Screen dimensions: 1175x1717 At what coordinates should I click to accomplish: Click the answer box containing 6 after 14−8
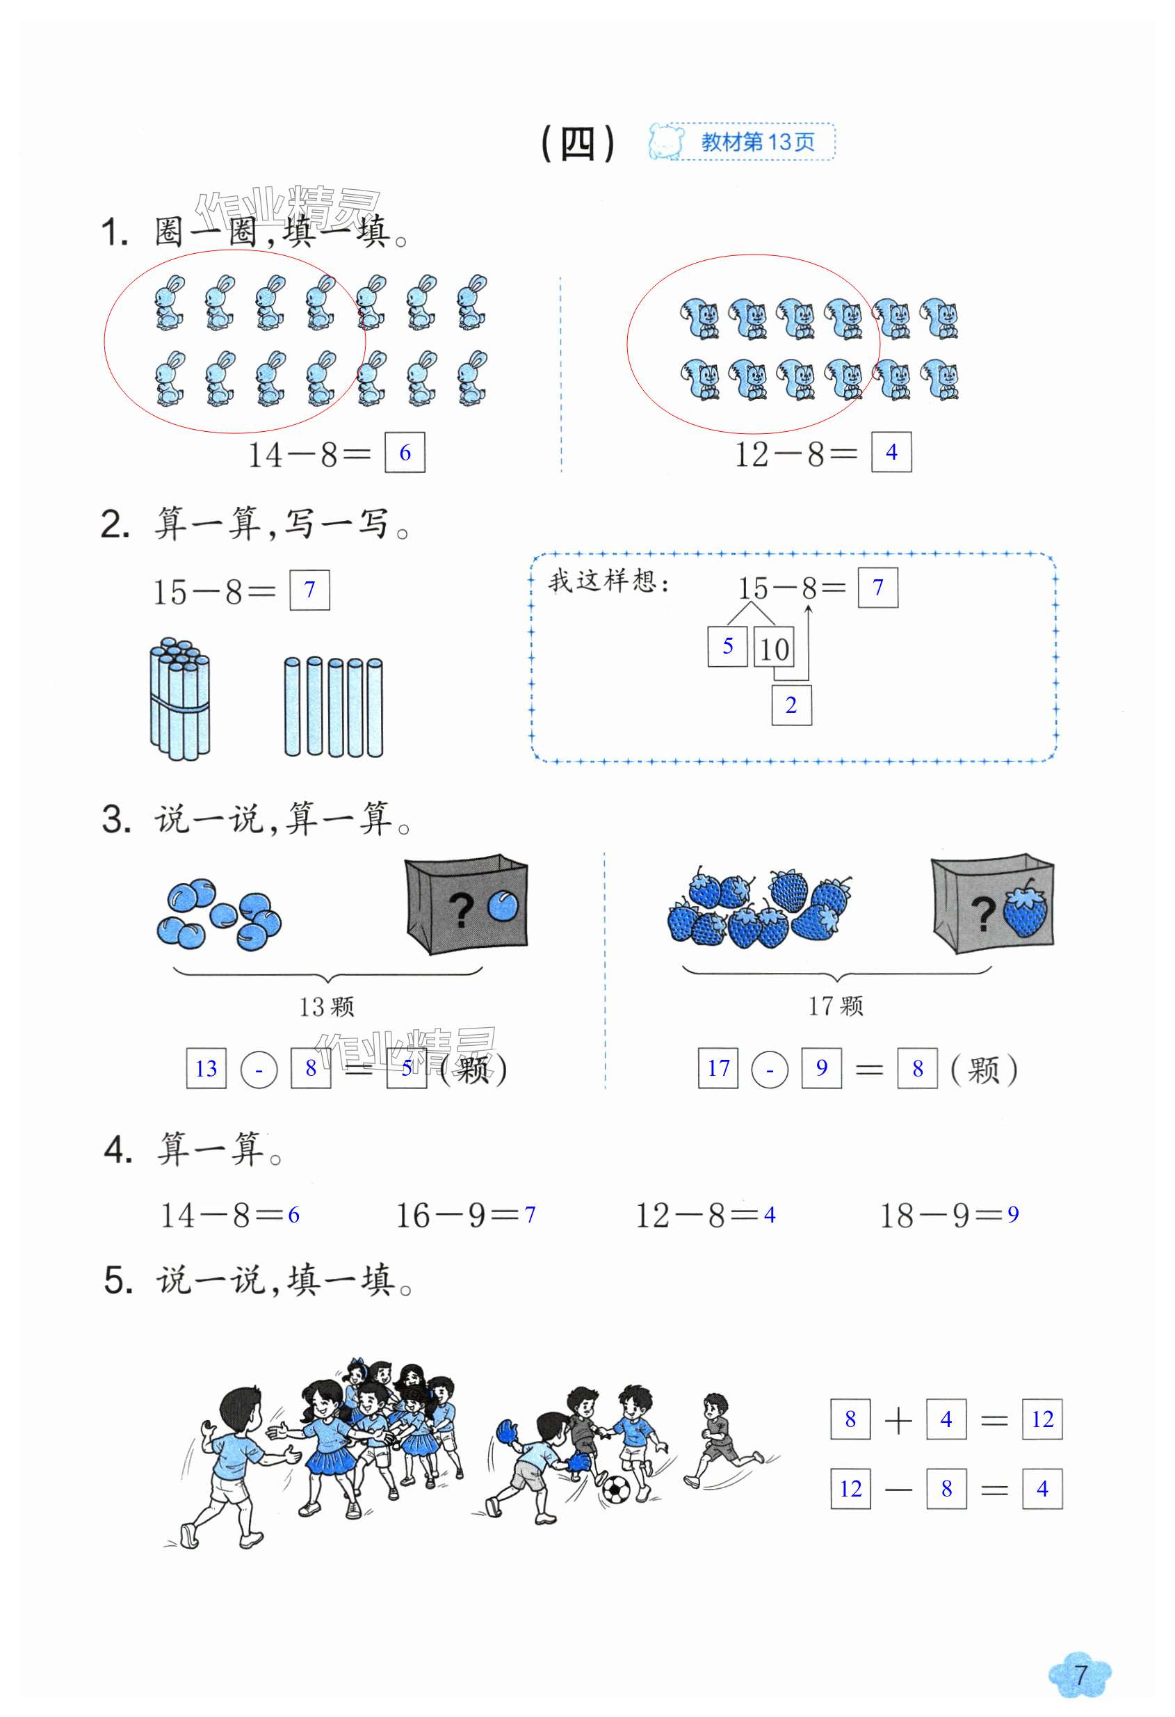(404, 452)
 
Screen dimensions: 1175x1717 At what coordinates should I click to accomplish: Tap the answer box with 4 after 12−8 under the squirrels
(891, 451)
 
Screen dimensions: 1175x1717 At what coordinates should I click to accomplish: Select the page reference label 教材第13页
(757, 142)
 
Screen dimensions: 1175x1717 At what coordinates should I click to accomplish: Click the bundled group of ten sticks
(179, 698)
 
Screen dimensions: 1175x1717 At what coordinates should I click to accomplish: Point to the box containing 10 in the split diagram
(773, 648)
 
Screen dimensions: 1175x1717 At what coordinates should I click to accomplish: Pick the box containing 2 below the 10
(791, 705)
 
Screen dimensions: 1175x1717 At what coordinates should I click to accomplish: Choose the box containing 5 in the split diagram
(727, 646)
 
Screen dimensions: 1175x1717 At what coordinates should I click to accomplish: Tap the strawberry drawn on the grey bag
(1025, 910)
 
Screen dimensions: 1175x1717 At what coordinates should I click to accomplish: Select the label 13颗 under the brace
(327, 1006)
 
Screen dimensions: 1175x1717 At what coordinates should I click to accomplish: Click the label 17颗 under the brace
(835, 1005)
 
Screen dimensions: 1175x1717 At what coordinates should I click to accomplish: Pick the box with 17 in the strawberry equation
(718, 1067)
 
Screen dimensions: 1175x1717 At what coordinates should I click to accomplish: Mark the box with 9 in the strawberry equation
(821, 1067)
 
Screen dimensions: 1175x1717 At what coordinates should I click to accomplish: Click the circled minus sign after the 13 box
(259, 1070)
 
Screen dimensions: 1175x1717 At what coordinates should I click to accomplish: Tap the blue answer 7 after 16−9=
(530, 1214)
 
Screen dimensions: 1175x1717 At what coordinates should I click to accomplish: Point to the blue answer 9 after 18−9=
(1012, 1214)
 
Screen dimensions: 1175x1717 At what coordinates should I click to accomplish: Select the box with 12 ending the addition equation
(1042, 1419)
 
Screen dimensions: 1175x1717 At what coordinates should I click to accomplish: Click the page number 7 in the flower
(1080, 1674)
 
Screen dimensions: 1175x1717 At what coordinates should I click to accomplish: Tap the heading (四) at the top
(578, 143)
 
